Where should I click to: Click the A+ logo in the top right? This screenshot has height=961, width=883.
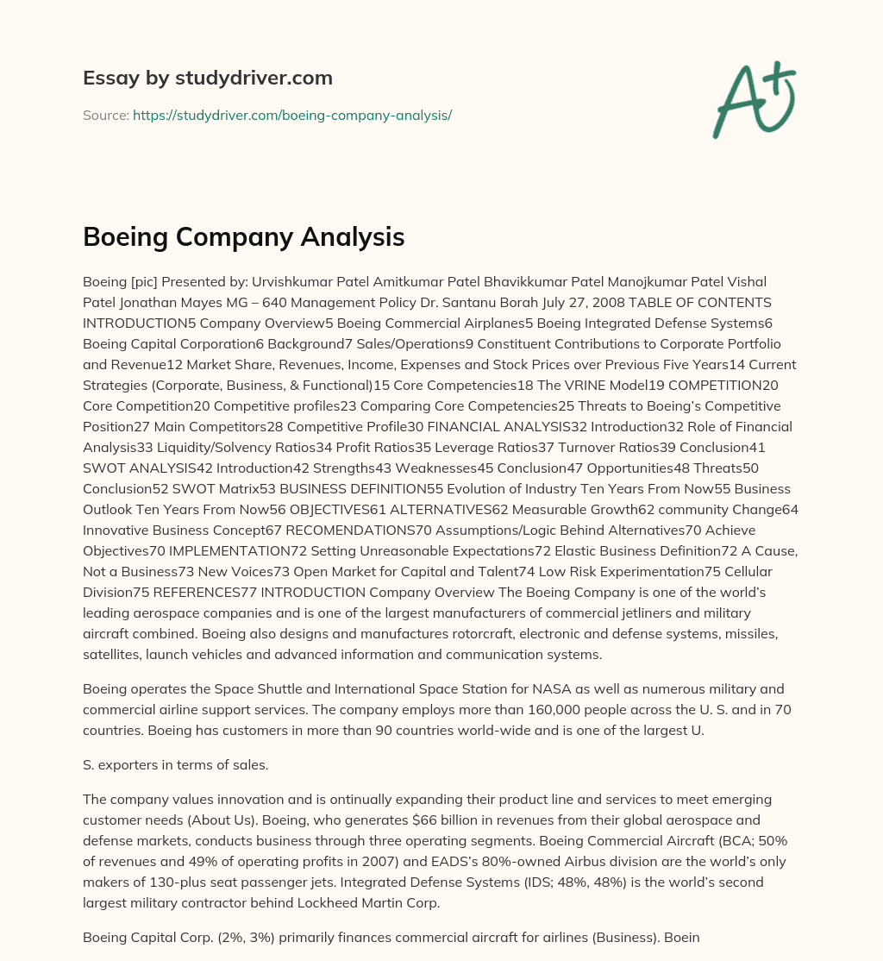(x=753, y=99)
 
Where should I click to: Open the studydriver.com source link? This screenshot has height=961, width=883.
(x=292, y=115)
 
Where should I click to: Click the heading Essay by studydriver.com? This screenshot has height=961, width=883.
(x=208, y=78)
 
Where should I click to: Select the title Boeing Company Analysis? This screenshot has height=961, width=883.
(x=244, y=236)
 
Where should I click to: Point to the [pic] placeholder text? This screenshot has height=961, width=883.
(x=152, y=281)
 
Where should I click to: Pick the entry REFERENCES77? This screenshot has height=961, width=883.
(x=203, y=592)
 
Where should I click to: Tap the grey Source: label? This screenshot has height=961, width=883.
(x=105, y=115)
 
